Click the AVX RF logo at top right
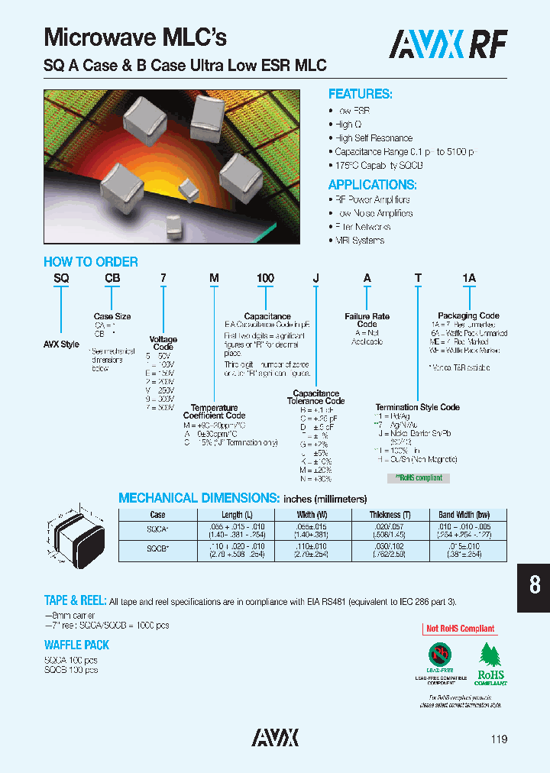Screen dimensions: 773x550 [x=448, y=44]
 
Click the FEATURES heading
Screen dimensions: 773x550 [x=360, y=94]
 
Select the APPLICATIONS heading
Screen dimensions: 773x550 [x=372, y=185]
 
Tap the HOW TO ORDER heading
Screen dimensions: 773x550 [x=91, y=262]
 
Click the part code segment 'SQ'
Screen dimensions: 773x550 [x=61, y=279]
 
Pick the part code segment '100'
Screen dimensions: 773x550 [x=265, y=279]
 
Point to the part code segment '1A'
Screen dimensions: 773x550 [x=468, y=279]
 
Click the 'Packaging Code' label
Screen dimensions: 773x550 [x=468, y=315]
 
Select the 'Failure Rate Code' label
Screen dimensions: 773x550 [x=367, y=320]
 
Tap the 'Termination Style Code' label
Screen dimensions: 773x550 [x=417, y=407]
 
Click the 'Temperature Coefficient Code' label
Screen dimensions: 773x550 [x=214, y=412]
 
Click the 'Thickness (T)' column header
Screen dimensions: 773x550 [x=390, y=515]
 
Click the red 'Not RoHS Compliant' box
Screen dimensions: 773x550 [x=460, y=629]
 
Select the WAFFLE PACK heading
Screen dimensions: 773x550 [x=76, y=645]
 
